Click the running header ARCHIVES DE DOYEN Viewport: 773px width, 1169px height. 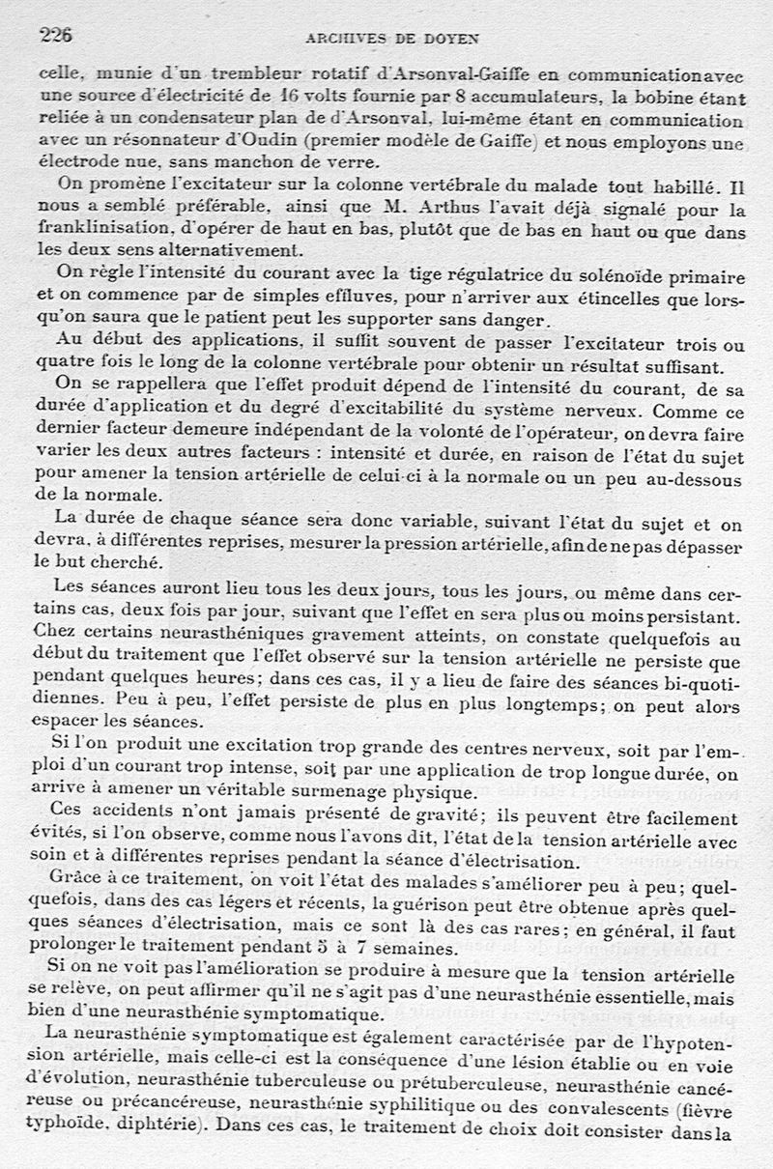pyautogui.click(x=392, y=39)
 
